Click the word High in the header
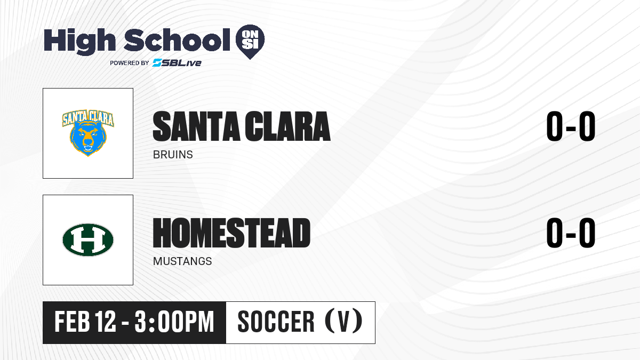(x=79, y=41)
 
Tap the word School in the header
(x=177, y=40)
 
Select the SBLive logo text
(x=177, y=62)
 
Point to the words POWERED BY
(x=130, y=63)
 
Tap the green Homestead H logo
(x=88, y=239)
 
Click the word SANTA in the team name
(x=197, y=126)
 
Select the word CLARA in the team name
(x=287, y=126)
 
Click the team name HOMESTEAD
(x=231, y=233)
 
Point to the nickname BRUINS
(x=173, y=155)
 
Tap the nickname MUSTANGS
(x=182, y=261)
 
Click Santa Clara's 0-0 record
(x=571, y=126)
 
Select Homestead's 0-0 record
(x=571, y=233)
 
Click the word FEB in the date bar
(x=73, y=322)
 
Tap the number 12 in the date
(x=106, y=322)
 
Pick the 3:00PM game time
(x=174, y=322)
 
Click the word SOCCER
(x=276, y=322)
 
